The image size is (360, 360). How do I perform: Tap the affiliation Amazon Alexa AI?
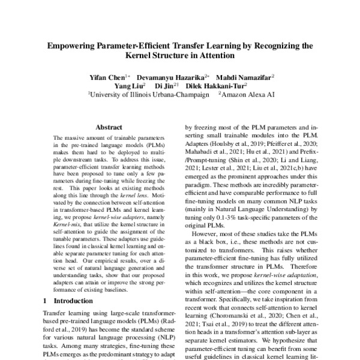(246, 94)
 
